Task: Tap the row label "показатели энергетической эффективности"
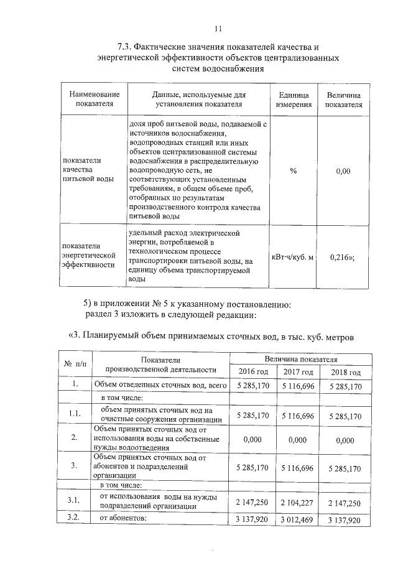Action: click(x=90, y=256)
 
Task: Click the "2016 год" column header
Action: click(x=253, y=372)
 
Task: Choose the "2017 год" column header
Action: click(x=298, y=372)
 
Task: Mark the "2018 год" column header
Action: click(x=345, y=372)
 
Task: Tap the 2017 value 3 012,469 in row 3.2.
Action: click(x=298, y=519)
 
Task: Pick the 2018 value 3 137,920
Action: click(x=345, y=519)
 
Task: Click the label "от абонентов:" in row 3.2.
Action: click(x=122, y=518)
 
